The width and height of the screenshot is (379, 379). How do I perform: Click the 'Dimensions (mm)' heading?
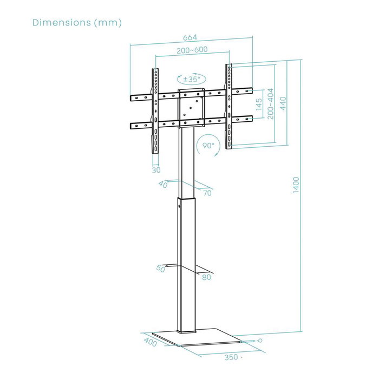click(77, 23)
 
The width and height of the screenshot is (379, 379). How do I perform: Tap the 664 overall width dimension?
click(190, 38)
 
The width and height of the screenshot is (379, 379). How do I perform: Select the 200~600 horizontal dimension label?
click(192, 50)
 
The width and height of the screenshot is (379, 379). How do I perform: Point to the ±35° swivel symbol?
click(192, 79)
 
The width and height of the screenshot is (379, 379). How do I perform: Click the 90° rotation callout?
click(208, 145)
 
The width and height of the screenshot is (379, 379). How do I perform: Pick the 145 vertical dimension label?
click(259, 104)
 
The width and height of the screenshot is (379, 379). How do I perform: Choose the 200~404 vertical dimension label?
click(271, 104)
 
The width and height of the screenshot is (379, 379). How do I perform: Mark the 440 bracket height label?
click(283, 103)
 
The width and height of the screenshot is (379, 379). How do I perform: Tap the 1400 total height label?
click(296, 185)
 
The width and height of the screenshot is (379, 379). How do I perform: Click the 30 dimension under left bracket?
click(156, 170)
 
